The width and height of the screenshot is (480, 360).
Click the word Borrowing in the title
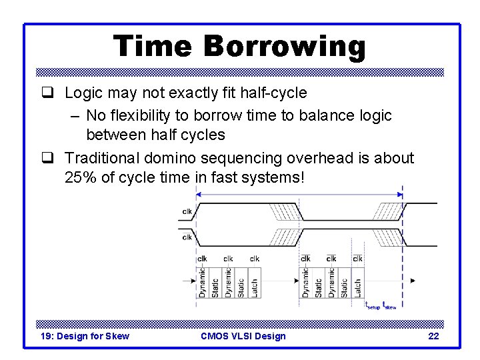tap(285, 47)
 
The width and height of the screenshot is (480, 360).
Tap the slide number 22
tap(433, 336)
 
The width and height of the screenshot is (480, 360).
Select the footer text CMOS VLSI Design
tap(243, 336)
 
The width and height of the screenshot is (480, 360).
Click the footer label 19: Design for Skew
tap(85, 336)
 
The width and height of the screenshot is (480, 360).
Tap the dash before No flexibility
tap(75, 115)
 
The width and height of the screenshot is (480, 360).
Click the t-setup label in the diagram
tap(372, 305)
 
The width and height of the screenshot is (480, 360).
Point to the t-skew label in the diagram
tap(389, 305)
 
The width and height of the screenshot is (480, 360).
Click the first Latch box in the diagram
tap(254, 287)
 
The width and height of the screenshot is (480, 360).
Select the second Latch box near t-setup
tap(357, 287)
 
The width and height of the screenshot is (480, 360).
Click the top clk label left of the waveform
tap(187, 213)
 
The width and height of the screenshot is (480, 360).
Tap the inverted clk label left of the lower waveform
tap(187, 237)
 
